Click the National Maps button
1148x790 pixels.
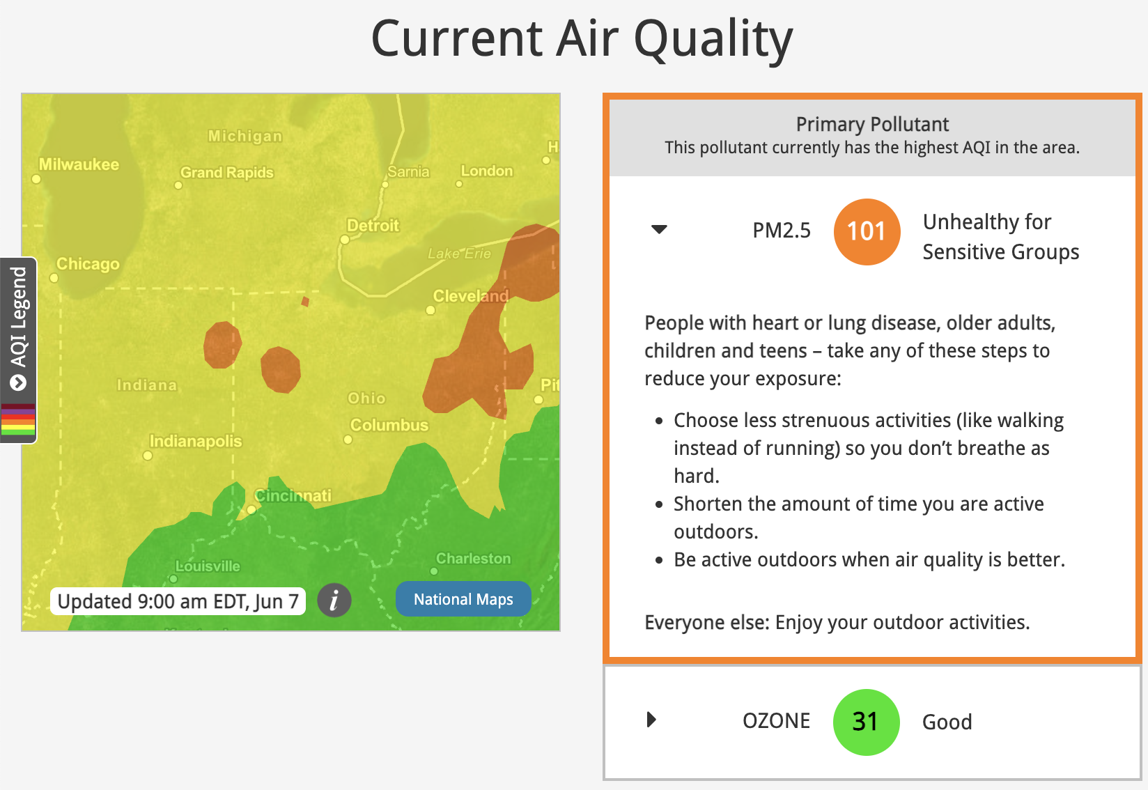[463, 599]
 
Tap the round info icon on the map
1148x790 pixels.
[334, 600]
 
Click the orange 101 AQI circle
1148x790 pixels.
[867, 232]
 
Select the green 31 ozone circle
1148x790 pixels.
[866, 722]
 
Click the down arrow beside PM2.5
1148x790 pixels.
[659, 229]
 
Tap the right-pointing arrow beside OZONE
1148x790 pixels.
[651, 719]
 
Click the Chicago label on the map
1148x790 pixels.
[88, 263]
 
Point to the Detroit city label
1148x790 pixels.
[373, 225]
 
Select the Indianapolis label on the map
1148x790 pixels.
[195, 441]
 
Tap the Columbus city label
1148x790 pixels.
[389, 425]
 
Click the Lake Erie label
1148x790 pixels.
[459, 254]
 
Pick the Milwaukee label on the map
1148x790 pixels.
[79, 164]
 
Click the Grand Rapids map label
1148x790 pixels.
[226, 172]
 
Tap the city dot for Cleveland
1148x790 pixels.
[430, 310]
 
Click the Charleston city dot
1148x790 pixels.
[434, 571]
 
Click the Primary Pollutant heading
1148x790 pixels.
[871, 124]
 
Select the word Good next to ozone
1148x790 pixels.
[947, 722]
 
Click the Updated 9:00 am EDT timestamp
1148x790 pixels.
[178, 601]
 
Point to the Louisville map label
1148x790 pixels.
[208, 566]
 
